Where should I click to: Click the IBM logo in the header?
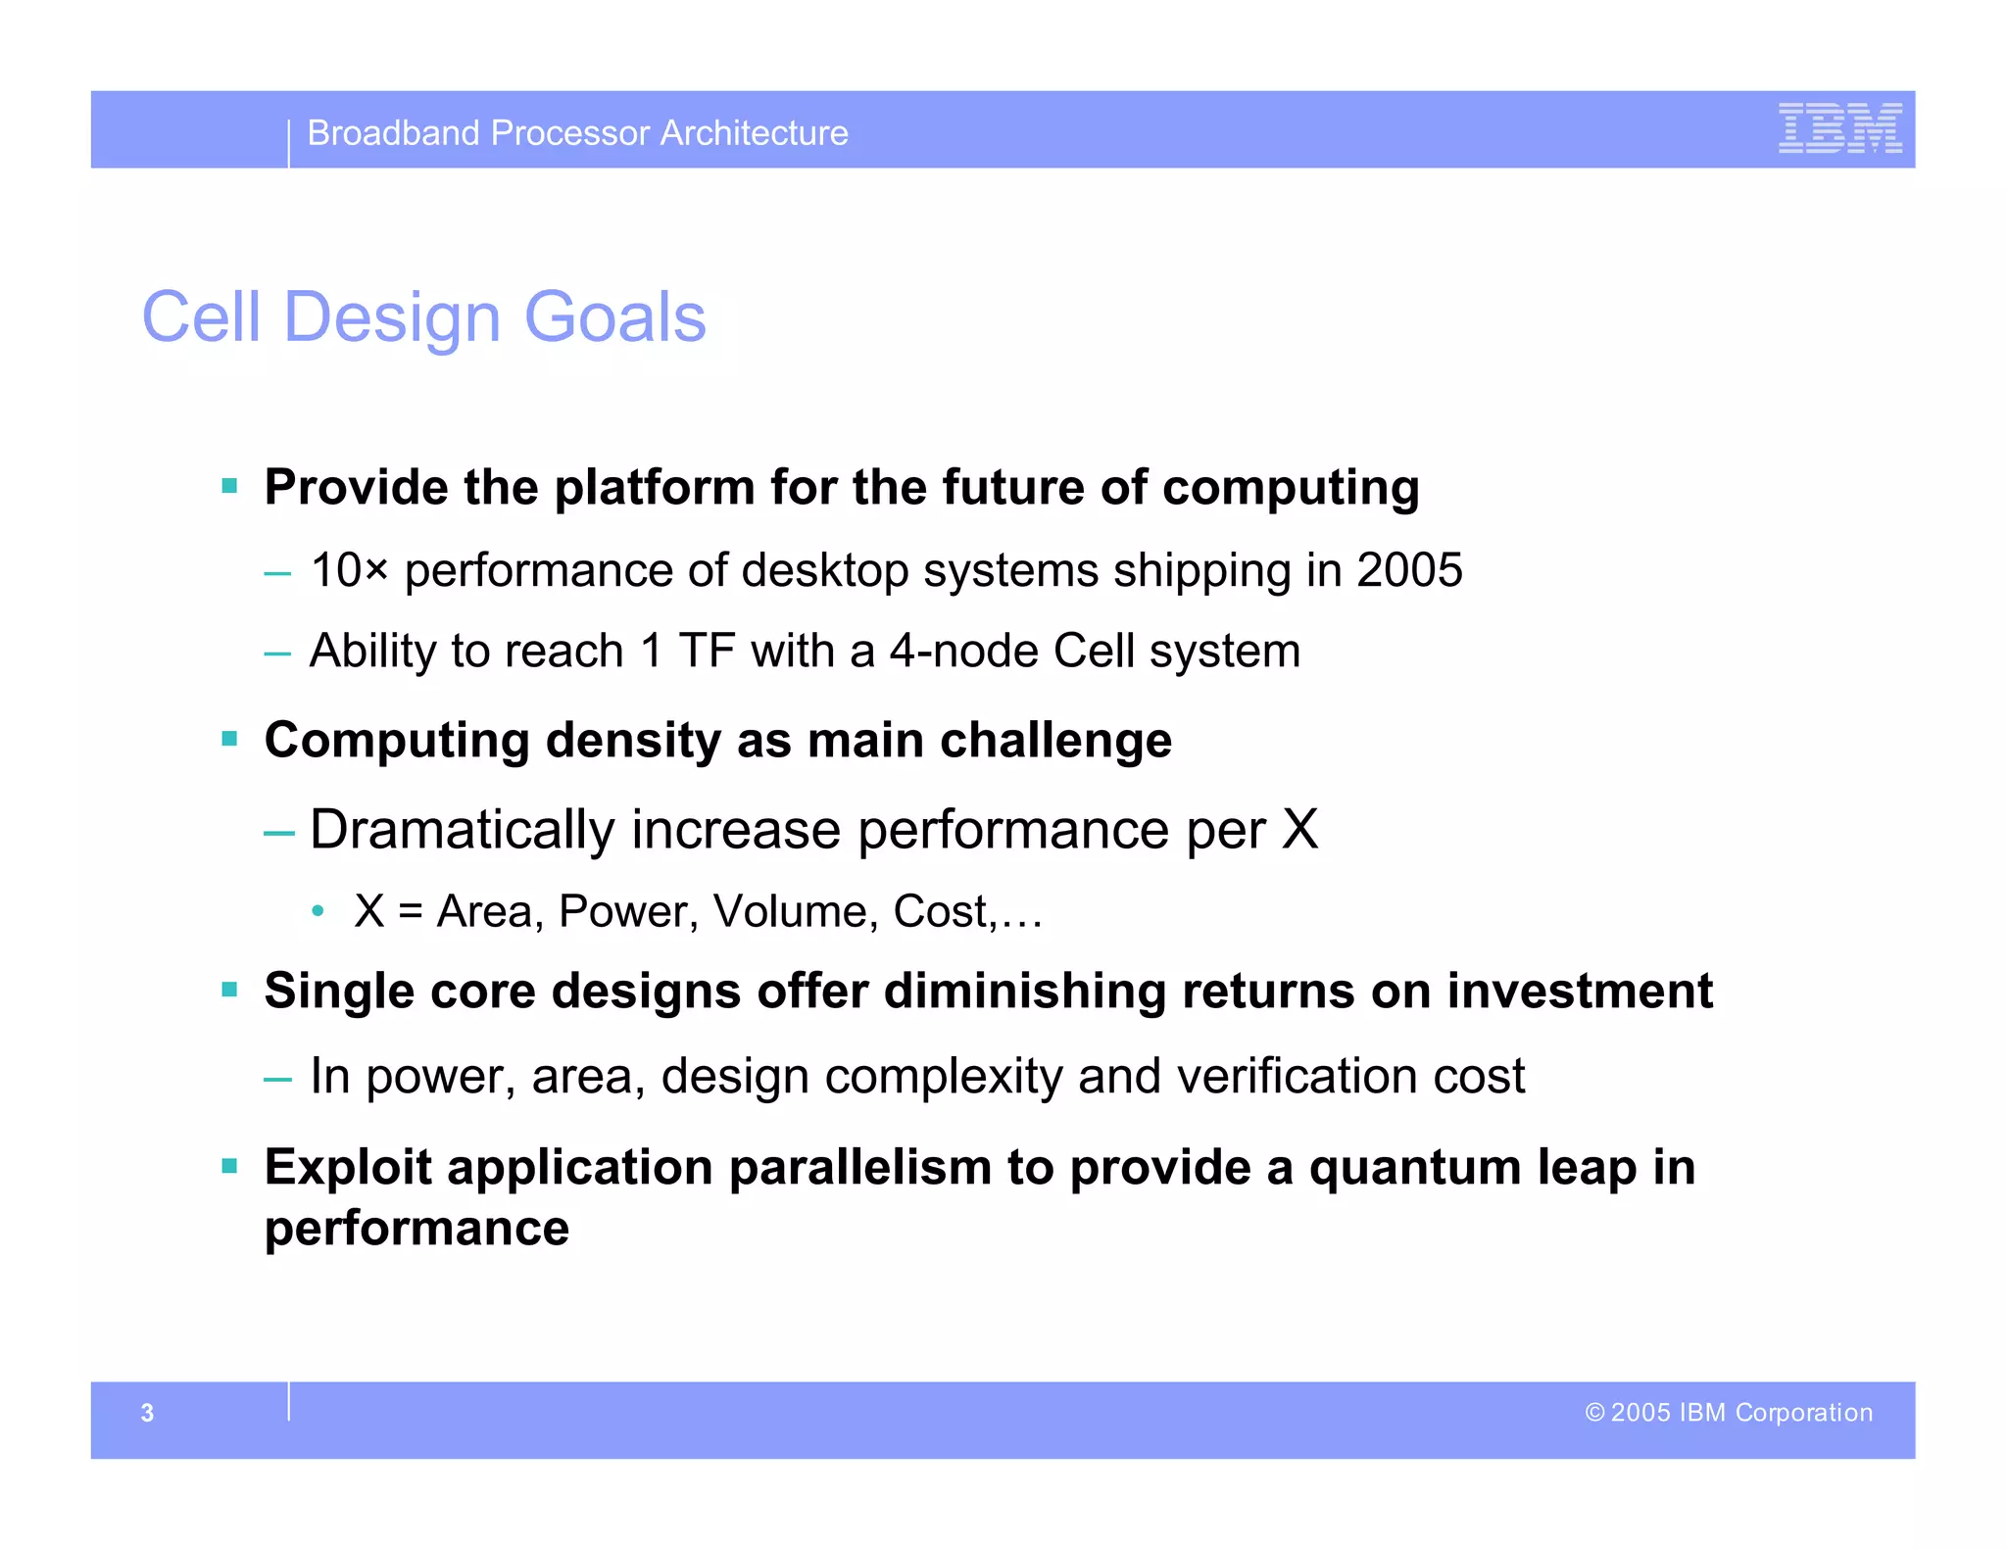tap(1839, 128)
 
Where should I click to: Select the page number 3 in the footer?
tap(147, 1413)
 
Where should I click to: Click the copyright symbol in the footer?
tap(1594, 1413)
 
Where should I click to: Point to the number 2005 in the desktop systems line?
tap(1408, 570)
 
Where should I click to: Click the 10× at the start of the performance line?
tap(349, 570)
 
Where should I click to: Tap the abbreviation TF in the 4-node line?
tap(707, 651)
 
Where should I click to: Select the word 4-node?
tap(963, 651)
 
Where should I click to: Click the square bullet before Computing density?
tap(230, 739)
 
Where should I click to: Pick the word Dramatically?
tap(462, 830)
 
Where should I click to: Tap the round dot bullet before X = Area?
tap(318, 912)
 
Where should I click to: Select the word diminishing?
tap(1024, 991)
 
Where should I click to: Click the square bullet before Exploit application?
tap(230, 1166)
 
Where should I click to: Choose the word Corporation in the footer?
tap(1803, 1413)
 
